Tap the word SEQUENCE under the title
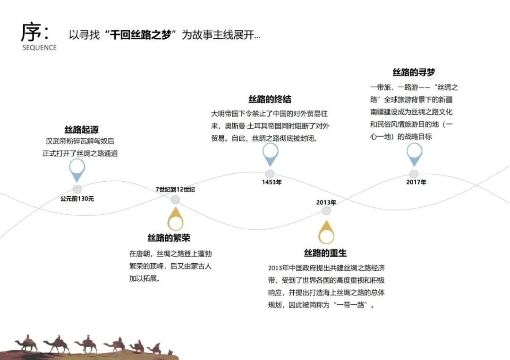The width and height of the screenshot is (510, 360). (x=39, y=48)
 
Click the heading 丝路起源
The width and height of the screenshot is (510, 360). (x=81, y=130)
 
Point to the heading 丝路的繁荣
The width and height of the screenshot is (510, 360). (x=169, y=238)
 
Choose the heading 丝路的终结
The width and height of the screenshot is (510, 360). (x=270, y=99)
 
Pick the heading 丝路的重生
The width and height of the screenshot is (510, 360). (x=325, y=253)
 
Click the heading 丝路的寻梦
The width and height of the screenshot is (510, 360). (x=414, y=72)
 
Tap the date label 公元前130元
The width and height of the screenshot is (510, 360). (x=77, y=199)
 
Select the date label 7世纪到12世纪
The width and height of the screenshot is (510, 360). (x=175, y=190)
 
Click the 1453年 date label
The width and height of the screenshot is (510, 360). (x=272, y=182)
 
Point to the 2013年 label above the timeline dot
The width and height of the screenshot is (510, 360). (x=326, y=202)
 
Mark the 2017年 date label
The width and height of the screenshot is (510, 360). (x=416, y=182)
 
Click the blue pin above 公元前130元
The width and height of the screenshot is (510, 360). (x=77, y=169)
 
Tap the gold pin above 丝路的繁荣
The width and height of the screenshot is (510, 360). (x=175, y=219)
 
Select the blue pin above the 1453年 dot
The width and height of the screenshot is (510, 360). (x=270, y=153)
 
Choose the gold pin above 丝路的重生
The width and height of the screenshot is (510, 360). (x=326, y=232)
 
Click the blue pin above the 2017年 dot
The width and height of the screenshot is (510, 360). (x=414, y=153)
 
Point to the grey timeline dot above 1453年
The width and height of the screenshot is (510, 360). (x=270, y=174)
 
